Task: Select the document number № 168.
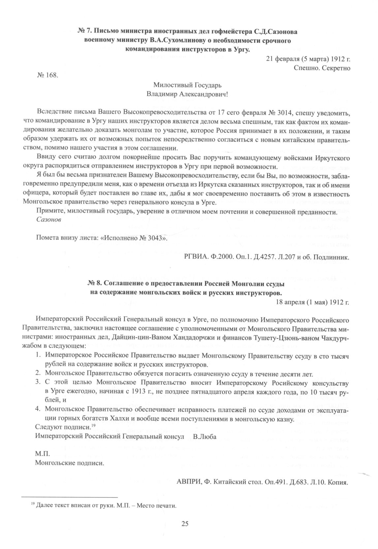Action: [47, 75]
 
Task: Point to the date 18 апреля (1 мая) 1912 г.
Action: [312, 301]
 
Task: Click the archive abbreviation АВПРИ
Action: [188, 482]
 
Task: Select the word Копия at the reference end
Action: [337, 482]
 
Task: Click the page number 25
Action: [185, 524]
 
